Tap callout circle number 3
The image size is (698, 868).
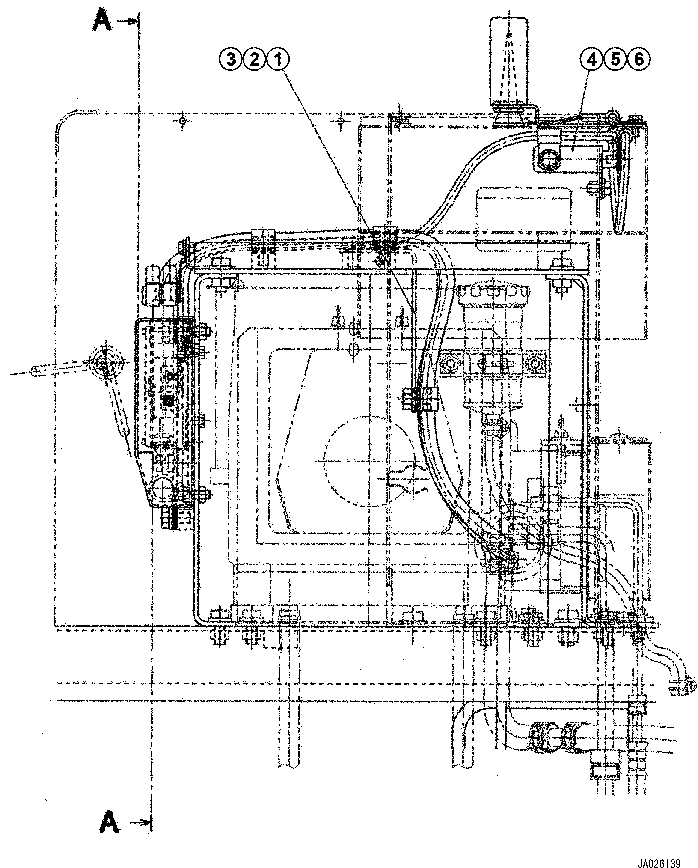231,60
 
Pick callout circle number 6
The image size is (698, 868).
639,60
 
